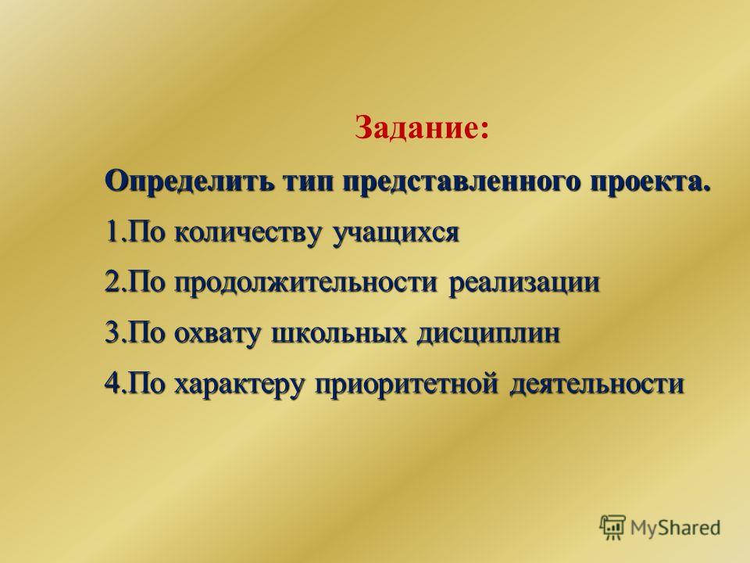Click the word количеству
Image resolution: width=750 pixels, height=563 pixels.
(250, 233)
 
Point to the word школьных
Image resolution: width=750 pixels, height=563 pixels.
(341, 333)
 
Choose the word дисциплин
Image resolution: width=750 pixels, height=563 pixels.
(488, 334)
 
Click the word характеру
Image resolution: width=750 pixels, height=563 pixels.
(240, 385)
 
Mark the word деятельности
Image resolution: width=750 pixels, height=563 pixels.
(596, 384)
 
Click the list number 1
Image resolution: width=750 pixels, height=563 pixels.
(111, 233)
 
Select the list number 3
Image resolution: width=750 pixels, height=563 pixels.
(111, 333)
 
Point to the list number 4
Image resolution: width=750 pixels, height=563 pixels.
(111, 384)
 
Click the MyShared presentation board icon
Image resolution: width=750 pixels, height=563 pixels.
(612, 528)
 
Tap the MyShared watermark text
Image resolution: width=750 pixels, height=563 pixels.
(675, 529)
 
